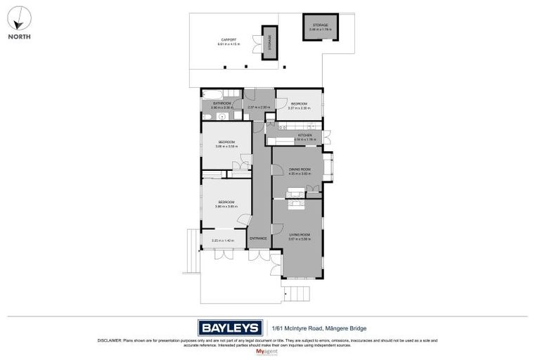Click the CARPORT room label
[228, 41]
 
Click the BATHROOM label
[222, 104]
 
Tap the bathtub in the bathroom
[214, 94]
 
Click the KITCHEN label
[304, 136]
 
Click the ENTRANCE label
[258, 238]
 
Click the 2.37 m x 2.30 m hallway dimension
[259, 107]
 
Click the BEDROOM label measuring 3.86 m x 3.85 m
[226, 204]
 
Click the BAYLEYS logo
[229, 328]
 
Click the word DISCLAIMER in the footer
[110, 340]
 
